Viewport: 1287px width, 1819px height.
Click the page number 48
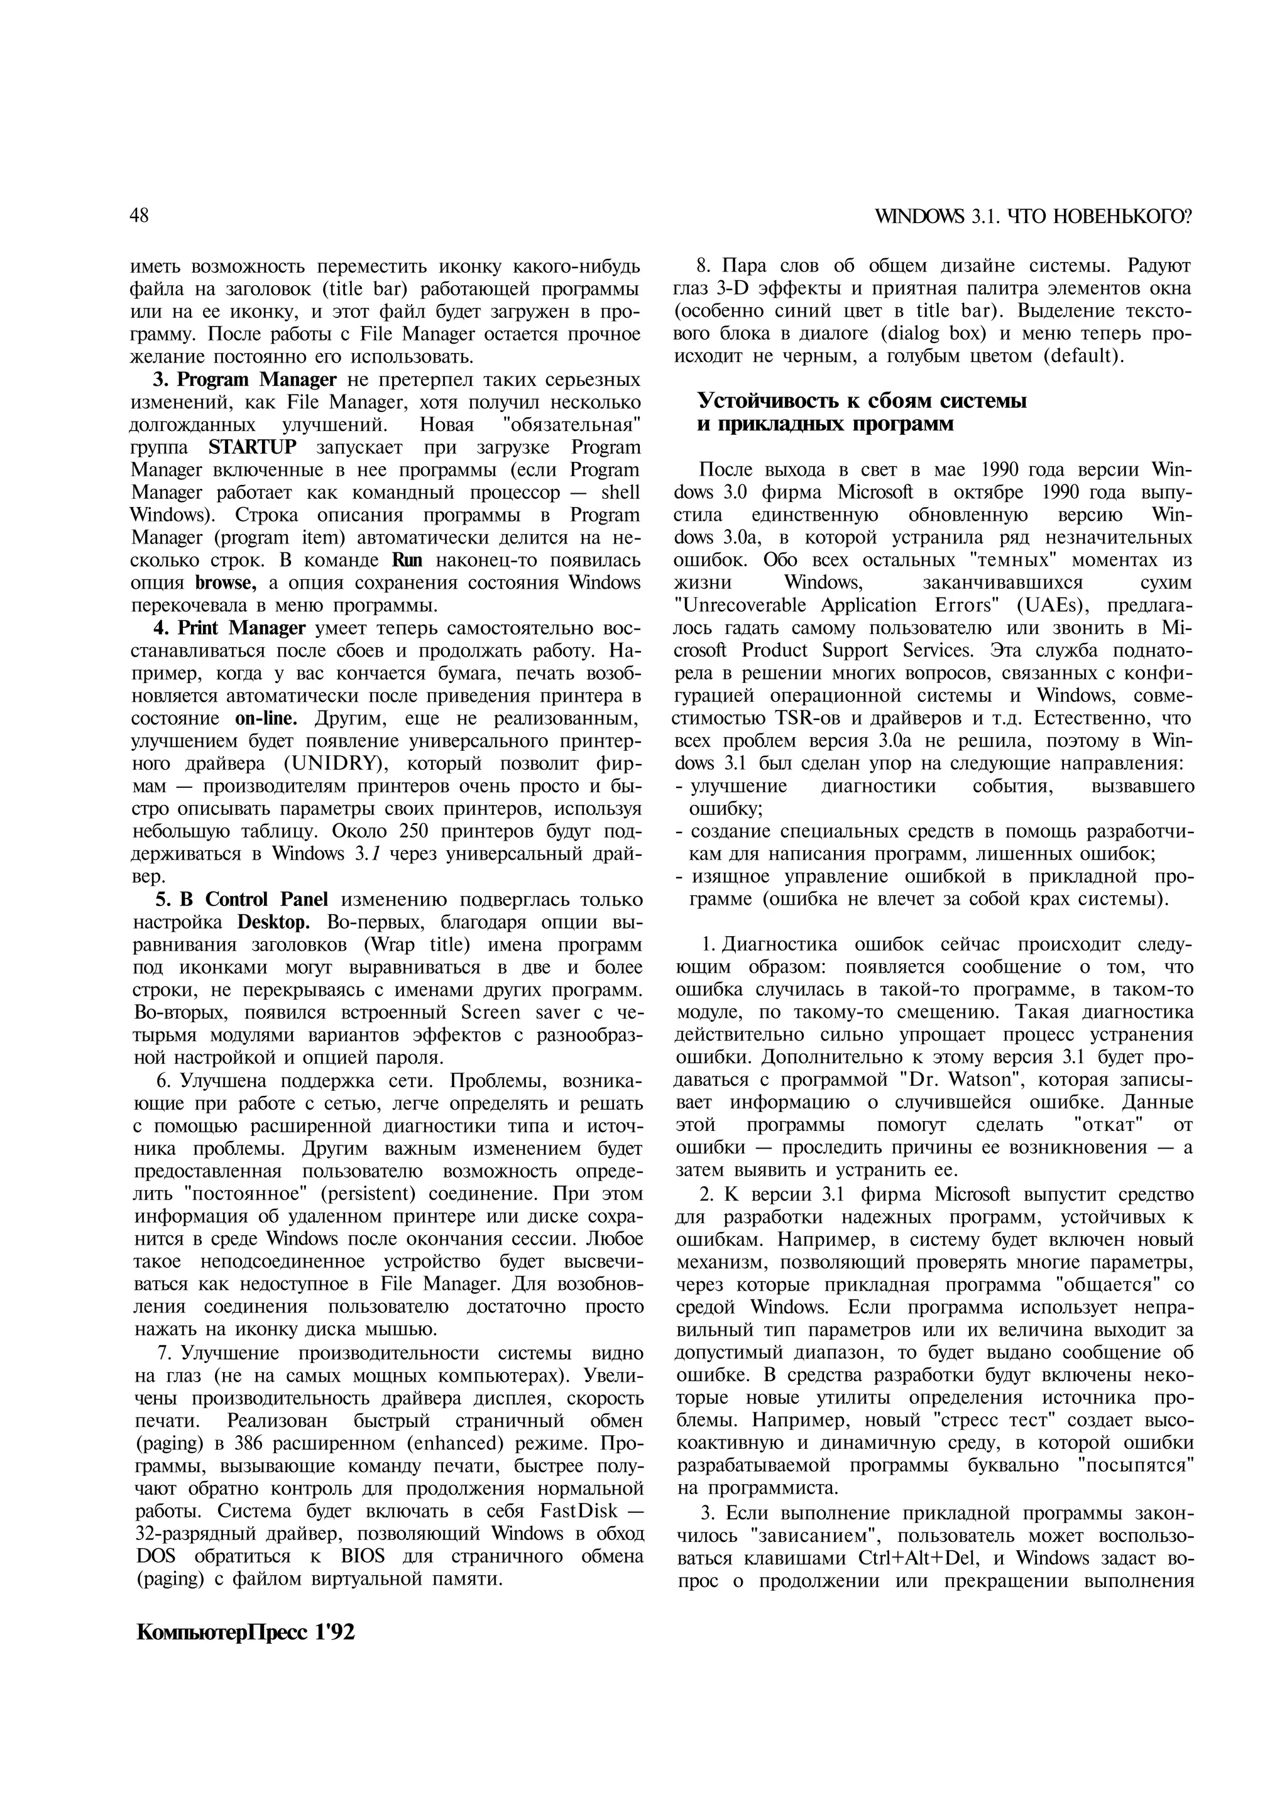pyautogui.click(x=140, y=216)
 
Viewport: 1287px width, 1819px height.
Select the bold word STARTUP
pyautogui.click(x=253, y=447)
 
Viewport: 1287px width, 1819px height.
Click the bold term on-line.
pyautogui.click(x=266, y=719)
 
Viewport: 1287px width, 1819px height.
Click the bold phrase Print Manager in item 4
pyautogui.click(x=242, y=628)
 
